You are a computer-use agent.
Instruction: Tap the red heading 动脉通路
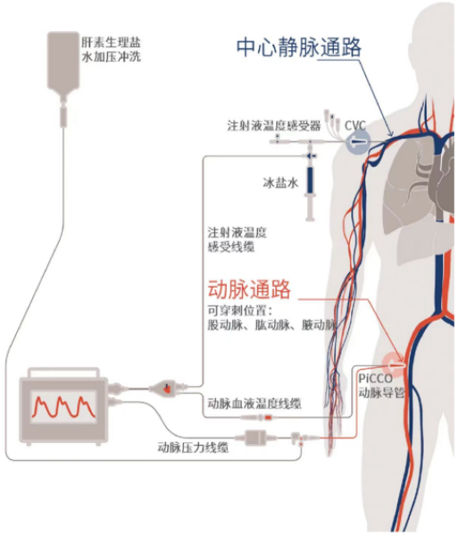pos(249,289)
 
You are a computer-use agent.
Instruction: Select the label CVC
pos(355,124)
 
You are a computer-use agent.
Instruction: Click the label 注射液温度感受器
pos(273,125)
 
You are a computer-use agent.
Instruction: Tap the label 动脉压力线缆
pos(192,447)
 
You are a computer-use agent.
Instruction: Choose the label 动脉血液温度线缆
pos(254,403)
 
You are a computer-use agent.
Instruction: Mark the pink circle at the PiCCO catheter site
pos(393,361)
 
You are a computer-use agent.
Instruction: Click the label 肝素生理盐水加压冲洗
pos(111,50)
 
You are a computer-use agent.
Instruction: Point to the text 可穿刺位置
pos(237,310)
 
